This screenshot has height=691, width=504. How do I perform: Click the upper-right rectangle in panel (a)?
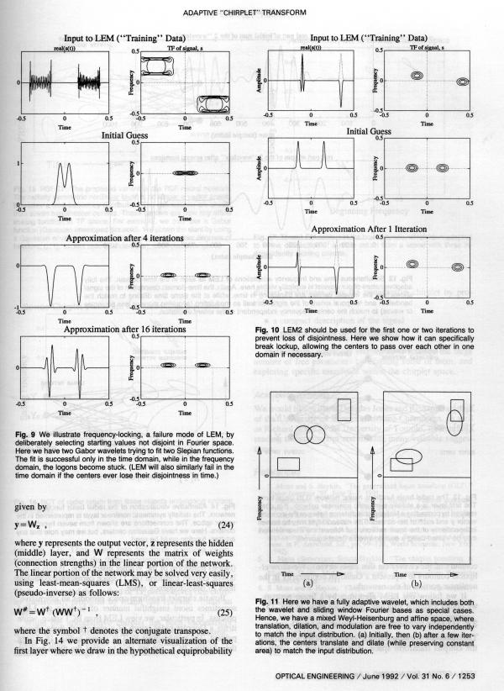[x=344, y=409]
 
